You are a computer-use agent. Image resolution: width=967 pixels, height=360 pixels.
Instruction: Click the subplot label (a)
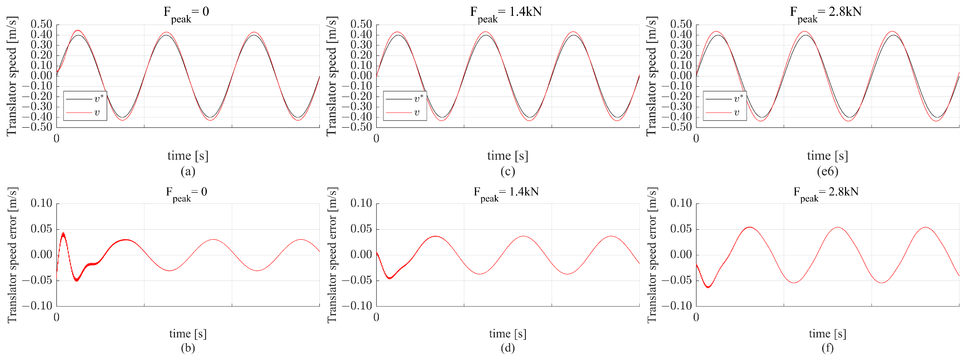point(188,172)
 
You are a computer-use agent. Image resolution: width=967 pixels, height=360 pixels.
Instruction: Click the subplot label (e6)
point(827,172)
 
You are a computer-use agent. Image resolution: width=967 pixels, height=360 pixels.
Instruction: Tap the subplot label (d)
point(507,348)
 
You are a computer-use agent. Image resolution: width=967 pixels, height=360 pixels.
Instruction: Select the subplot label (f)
point(827,348)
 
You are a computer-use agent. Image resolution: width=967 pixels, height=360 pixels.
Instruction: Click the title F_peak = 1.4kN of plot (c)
point(506,13)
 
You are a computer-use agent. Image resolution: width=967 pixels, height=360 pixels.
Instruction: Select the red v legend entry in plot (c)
point(405,113)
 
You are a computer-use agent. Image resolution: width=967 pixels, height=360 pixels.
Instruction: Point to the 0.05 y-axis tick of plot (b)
point(41,229)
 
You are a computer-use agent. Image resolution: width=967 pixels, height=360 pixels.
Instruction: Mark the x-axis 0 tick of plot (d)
point(376,317)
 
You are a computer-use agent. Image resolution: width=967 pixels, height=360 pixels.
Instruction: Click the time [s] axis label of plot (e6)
point(827,155)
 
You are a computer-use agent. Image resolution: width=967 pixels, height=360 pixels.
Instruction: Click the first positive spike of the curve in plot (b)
point(63,234)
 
